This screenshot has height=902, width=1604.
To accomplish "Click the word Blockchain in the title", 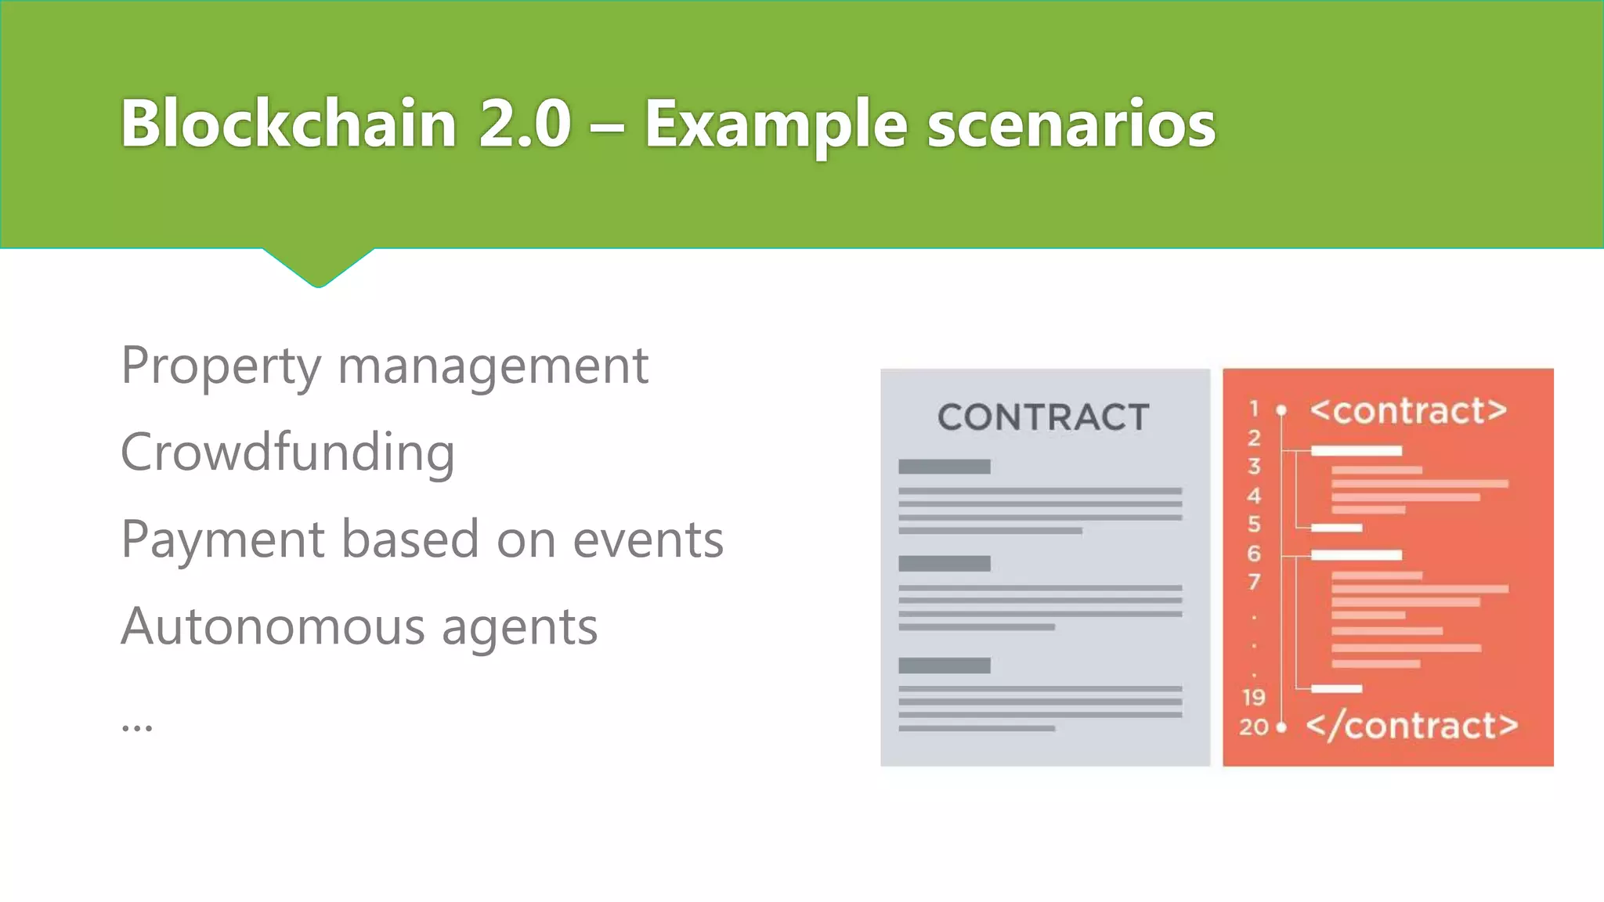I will tap(288, 123).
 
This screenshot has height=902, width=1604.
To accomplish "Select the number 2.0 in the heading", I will tap(525, 124).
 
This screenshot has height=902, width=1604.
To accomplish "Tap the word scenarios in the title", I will tap(1071, 124).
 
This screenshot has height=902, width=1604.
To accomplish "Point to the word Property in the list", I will tap(221, 366).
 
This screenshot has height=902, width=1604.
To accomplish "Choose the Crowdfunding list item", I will tap(287, 453).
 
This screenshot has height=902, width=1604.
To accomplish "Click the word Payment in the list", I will tap(222, 540).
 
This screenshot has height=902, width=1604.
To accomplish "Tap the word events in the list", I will tap(648, 540).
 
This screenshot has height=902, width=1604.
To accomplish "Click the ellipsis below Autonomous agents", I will tap(137, 727).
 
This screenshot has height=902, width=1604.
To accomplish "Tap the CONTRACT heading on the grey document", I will tap(1043, 417).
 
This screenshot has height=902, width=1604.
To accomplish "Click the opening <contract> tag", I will tap(1408, 410).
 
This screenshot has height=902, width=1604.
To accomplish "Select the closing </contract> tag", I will tap(1411, 726).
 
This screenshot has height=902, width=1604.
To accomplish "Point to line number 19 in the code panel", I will tap(1253, 697).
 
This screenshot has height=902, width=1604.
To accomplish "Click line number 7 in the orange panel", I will tap(1254, 582).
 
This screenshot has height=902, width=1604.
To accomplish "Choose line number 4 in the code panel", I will tap(1254, 496).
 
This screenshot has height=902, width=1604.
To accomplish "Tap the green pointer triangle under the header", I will tap(318, 266).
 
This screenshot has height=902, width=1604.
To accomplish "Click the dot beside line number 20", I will tap(1281, 727).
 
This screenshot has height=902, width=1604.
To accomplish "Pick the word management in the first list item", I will tap(493, 366).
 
